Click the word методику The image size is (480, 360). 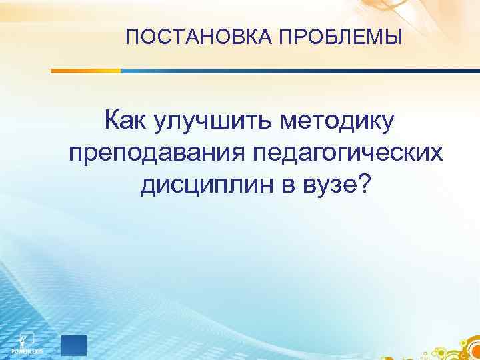tap(338, 123)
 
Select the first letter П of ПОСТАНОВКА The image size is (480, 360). tap(131, 37)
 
